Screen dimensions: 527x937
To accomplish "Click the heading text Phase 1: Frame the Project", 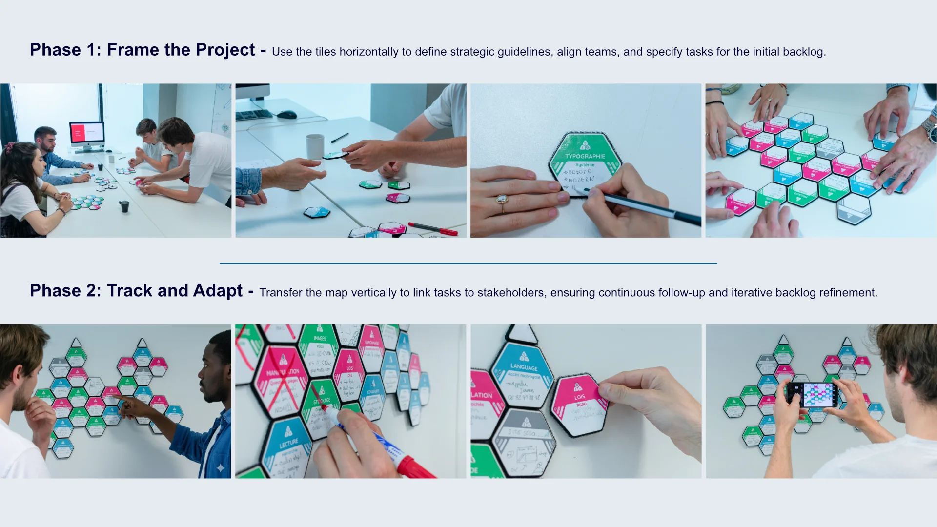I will tap(142, 50).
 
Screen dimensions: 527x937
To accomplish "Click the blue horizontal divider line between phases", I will tap(468, 263).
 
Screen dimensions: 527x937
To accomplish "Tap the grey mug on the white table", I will tap(315, 146).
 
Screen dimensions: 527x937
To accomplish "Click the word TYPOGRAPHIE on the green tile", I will tap(585, 157).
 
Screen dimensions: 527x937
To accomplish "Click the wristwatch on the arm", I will tap(928, 128).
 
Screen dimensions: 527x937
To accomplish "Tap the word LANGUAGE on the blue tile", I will tap(524, 367).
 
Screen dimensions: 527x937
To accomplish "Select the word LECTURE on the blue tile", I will tap(288, 444).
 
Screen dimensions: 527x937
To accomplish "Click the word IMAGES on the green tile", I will tap(320, 338).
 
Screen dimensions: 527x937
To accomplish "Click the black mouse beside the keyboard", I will tap(286, 115).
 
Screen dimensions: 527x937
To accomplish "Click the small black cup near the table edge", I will tap(124, 206).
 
